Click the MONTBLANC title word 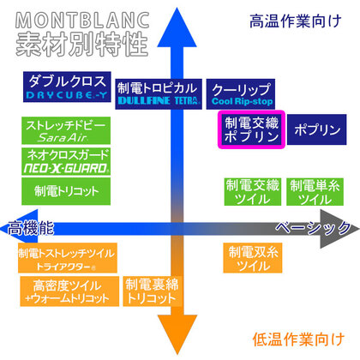(82, 20)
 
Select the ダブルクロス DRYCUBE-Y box (67, 87)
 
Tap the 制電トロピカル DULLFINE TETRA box (159, 94)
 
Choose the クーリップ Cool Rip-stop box (241, 94)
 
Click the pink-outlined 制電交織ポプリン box (251, 129)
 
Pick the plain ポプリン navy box (317, 129)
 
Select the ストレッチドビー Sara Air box (66, 130)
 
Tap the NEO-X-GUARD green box (66, 161)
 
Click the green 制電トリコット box (66, 191)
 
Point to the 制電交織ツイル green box (253, 192)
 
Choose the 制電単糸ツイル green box (315, 192)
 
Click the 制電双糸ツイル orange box (253, 258)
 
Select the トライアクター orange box (68, 258)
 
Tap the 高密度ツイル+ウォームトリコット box (69, 291)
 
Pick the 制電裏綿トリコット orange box (153, 291)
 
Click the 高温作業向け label (296, 21)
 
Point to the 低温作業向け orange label (298, 339)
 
